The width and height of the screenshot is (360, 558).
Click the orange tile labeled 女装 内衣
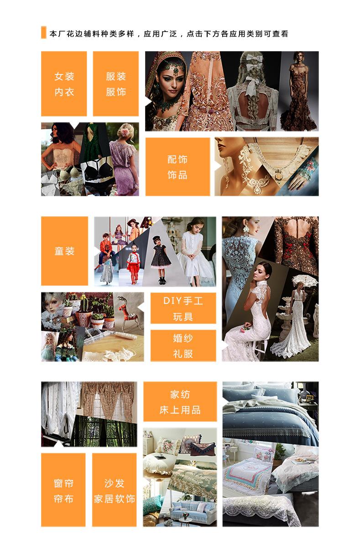click(x=64, y=83)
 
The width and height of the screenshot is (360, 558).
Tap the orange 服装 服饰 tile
click(x=115, y=83)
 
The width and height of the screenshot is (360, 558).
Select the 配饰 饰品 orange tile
click(x=177, y=167)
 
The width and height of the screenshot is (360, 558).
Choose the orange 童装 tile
click(x=64, y=251)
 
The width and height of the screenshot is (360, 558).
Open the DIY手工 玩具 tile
click(x=183, y=308)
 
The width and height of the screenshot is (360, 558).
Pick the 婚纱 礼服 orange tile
click(x=183, y=345)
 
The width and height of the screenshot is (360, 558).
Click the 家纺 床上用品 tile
click(x=180, y=402)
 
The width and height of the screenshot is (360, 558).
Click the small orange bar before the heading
click(x=44, y=32)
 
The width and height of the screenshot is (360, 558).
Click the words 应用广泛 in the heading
click(x=160, y=34)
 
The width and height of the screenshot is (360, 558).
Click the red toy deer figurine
click(x=127, y=310)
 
